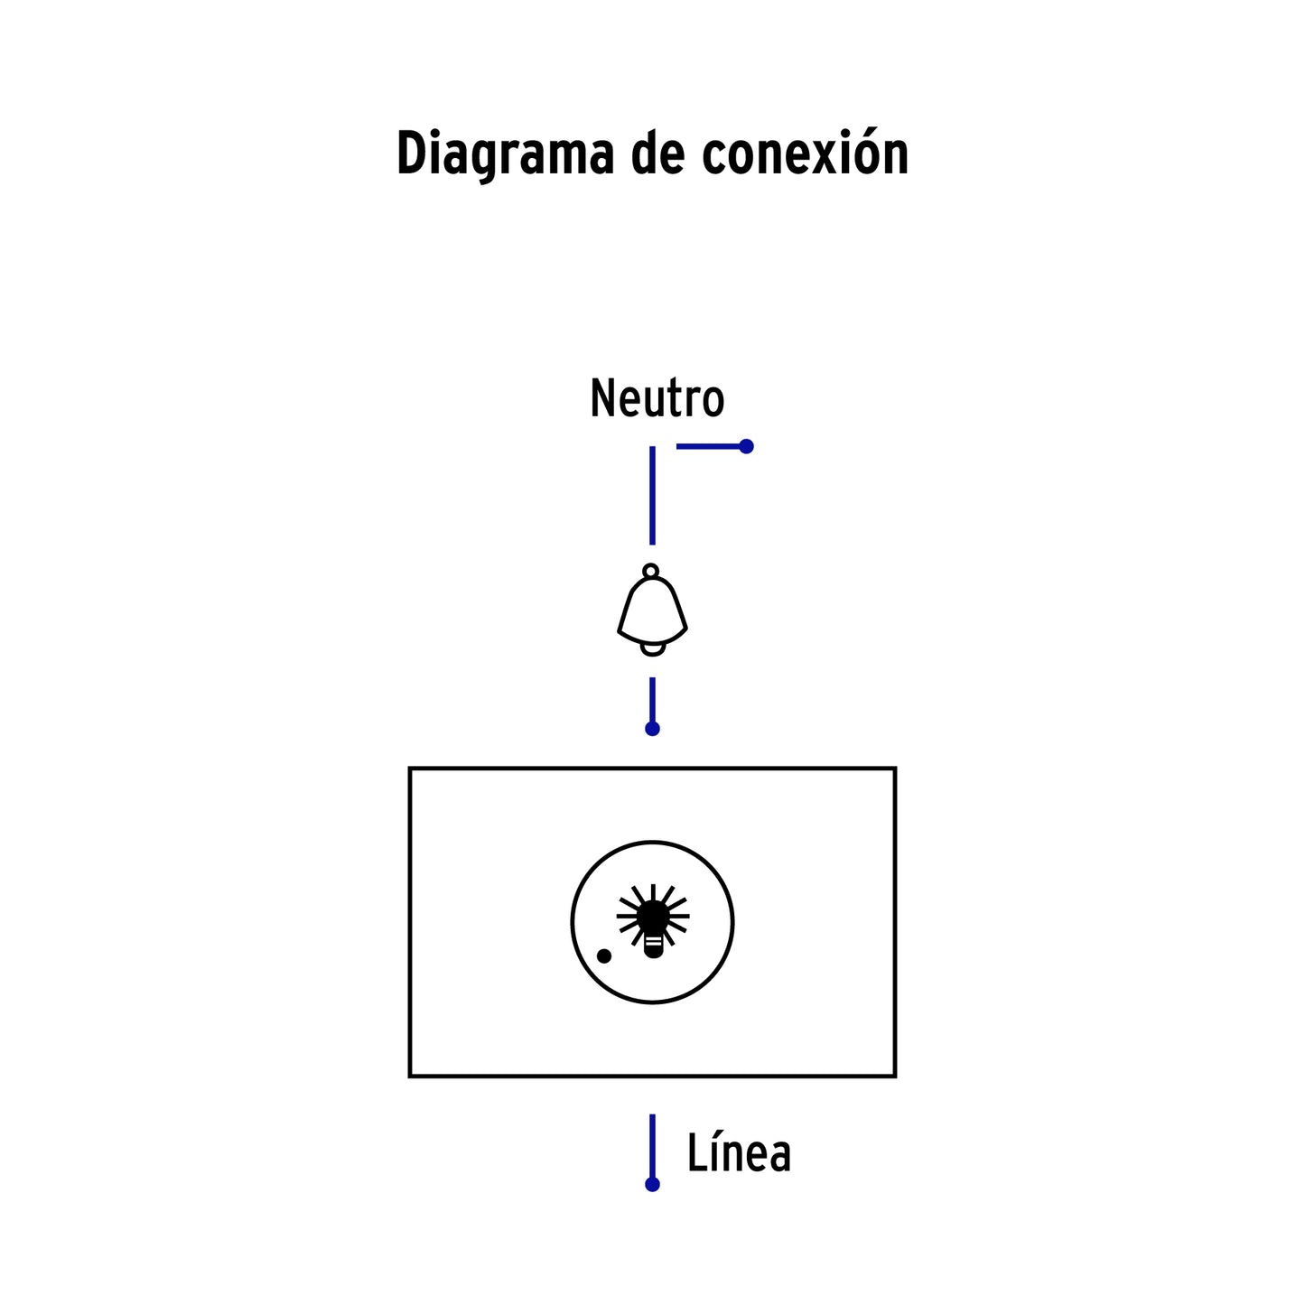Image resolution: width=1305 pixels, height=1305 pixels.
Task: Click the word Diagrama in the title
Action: (x=505, y=155)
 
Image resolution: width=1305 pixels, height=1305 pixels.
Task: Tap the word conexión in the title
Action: (x=805, y=153)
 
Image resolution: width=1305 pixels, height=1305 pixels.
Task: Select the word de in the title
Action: (x=657, y=153)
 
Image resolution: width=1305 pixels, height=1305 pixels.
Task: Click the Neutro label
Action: (x=657, y=398)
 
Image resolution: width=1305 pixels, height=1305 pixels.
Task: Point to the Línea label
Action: (x=739, y=1151)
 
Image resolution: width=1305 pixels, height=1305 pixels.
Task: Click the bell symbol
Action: (x=652, y=611)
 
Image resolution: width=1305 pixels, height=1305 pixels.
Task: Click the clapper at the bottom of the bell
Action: (x=653, y=649)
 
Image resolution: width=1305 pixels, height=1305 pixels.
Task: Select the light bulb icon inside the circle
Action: (x=652, y=921)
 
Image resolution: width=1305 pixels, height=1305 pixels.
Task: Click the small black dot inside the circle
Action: (x=604, y=955)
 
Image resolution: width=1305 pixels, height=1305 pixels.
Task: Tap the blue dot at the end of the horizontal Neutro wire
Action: (x=746, y=446)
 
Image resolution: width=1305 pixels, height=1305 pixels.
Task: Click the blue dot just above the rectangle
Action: (x=652, y=729)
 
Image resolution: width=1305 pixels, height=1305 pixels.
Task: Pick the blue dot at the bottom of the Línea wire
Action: (x=652, y=1185)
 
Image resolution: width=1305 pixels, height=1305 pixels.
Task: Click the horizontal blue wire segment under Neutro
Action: (x=711, y=446)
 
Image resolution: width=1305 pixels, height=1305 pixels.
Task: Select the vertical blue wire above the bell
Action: (x=652, y=495)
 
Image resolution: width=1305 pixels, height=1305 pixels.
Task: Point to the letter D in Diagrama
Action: (x=411, y=153)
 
